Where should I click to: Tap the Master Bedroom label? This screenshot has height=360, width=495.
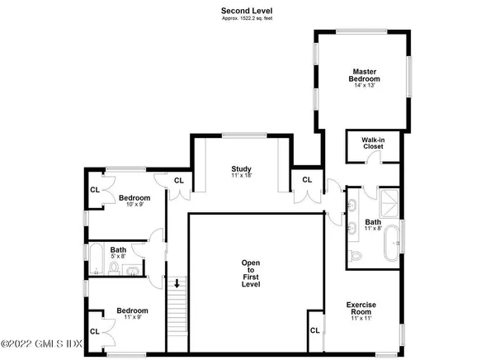(365, 75)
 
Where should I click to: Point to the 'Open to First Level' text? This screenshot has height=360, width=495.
(250, 273)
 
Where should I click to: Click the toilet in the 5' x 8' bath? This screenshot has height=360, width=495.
(134, 267)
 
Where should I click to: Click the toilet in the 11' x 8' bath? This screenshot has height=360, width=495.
(355, 257)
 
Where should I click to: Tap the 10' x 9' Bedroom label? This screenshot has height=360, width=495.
(134, 200)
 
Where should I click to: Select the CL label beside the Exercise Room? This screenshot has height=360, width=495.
(315, 330)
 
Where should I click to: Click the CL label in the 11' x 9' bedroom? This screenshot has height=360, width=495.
(94, 330)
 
